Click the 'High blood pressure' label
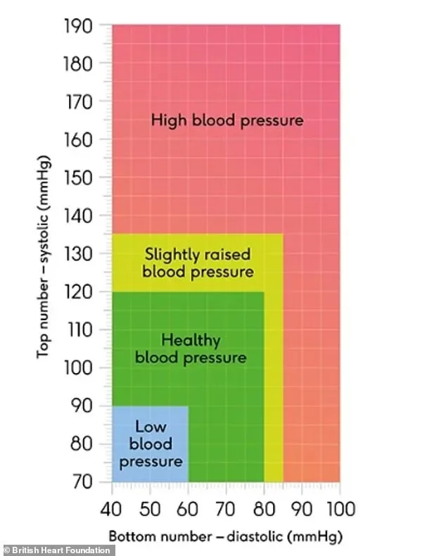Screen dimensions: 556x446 [x=227, y=120]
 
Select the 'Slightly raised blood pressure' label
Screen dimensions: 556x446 [x=198, y=263]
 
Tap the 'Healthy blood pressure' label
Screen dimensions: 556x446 [x=191, y=349]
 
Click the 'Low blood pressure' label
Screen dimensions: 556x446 [x=150, y=444]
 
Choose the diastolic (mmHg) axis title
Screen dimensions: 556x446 [x=226, y=537]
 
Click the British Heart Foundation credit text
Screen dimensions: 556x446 [x=58, y=550]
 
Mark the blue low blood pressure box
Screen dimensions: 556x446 [x=150, y=444]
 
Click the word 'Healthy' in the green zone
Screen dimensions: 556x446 [x=191, y=341]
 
